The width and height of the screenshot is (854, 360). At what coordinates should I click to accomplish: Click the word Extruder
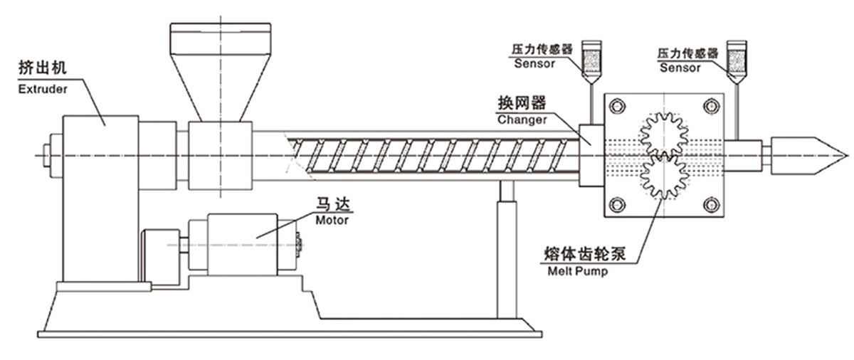[43, 89]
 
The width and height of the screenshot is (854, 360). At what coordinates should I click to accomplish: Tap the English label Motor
[332, 221]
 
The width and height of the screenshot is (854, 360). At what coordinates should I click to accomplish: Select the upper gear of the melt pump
[664, 135]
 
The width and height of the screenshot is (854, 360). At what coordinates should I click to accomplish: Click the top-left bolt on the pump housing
[617, 107]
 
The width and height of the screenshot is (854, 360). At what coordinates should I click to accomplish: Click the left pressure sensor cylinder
[591, 58]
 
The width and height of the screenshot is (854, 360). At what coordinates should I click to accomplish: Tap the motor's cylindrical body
[241, 243]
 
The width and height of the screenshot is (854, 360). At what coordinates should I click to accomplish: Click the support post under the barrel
[506, 249]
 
